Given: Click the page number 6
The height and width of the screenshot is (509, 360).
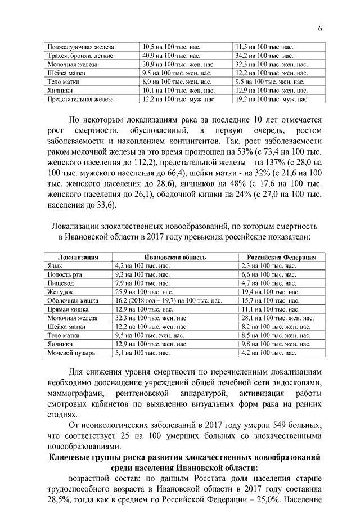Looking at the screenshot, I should tap(319, 29).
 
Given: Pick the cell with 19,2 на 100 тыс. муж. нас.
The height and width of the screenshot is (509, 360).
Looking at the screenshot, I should tap(273, 99).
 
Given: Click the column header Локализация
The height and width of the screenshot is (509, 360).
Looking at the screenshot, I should tap(78, 257).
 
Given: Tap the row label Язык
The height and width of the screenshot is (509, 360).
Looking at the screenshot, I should tap(55, 265).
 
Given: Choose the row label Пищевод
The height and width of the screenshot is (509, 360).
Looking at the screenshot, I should tap(60, 283).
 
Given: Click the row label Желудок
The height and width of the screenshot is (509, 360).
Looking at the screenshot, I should tap(60, 292).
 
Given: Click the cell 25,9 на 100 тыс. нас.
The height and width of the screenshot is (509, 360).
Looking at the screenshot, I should tap(143, 292).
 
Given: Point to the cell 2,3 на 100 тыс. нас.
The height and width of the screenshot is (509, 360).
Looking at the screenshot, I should tap(268, 265).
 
